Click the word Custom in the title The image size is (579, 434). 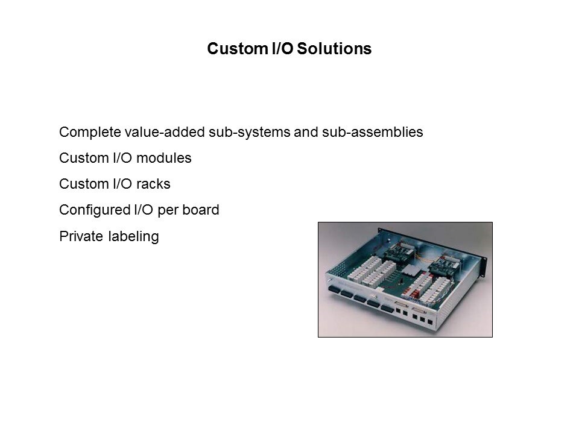238,48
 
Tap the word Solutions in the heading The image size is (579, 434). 334,48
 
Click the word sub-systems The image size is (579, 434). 249,132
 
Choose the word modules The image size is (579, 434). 163,158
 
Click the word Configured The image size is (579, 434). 95,210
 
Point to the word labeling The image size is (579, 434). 134,236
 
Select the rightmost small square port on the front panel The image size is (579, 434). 430,322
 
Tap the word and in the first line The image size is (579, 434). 306,132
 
